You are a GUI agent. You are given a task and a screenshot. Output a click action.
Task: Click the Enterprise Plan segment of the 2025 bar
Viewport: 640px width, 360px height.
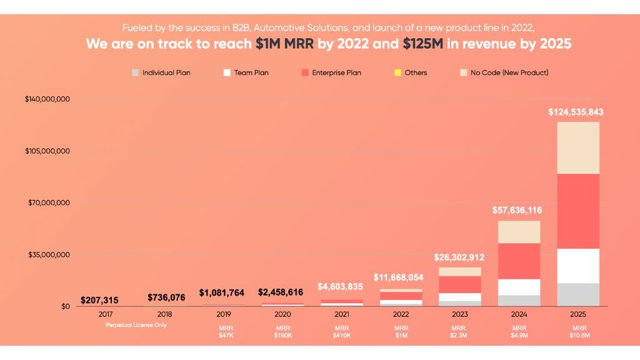[x=578, y=211]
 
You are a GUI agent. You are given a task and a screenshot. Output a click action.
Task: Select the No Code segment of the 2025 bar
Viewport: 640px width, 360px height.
[x=578, y=147]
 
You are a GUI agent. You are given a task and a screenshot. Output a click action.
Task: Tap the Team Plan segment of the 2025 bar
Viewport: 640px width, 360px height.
[x=578, y=266]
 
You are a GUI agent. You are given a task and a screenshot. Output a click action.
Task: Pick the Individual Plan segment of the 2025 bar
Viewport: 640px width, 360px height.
[x=578, y=294]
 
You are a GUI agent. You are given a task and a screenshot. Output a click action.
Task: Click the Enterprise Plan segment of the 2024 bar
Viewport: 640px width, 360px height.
[x=519, y=261]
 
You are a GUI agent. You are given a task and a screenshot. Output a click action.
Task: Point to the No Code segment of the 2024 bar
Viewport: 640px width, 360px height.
[x=519, y=232]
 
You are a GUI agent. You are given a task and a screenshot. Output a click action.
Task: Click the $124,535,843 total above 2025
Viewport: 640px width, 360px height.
[x=576, y=112]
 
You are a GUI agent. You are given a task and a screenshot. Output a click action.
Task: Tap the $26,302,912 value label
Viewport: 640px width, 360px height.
[x=459, y=257]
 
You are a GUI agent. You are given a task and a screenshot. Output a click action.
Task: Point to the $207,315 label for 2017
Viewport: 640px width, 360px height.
[x=99, y=301]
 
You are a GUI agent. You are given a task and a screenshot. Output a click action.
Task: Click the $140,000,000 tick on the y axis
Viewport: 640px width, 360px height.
[x=47, y=99]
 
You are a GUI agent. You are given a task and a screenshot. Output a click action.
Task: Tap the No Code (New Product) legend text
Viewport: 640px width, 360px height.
[x=509, y=73]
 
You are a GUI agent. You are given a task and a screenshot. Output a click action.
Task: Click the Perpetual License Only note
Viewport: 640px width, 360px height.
[x=136, y=325]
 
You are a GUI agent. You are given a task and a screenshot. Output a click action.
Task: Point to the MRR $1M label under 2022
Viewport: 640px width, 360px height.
[x=400, y=332]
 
